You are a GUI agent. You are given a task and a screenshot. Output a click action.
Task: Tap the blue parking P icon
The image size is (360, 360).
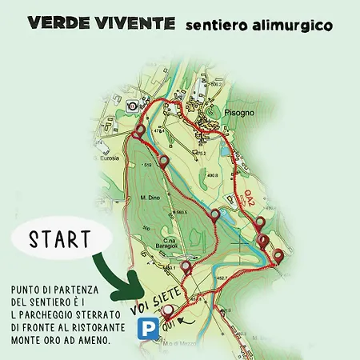pos(146,329)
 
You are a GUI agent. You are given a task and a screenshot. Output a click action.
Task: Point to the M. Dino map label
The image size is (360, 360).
pos(150,198)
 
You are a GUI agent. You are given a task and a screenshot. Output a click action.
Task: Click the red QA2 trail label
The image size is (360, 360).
pos(250,198)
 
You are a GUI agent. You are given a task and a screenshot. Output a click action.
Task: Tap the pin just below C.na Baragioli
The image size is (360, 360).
pos(186,267)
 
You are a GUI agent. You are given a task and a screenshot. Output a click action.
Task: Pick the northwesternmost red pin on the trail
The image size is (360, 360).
pos(141,130)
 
